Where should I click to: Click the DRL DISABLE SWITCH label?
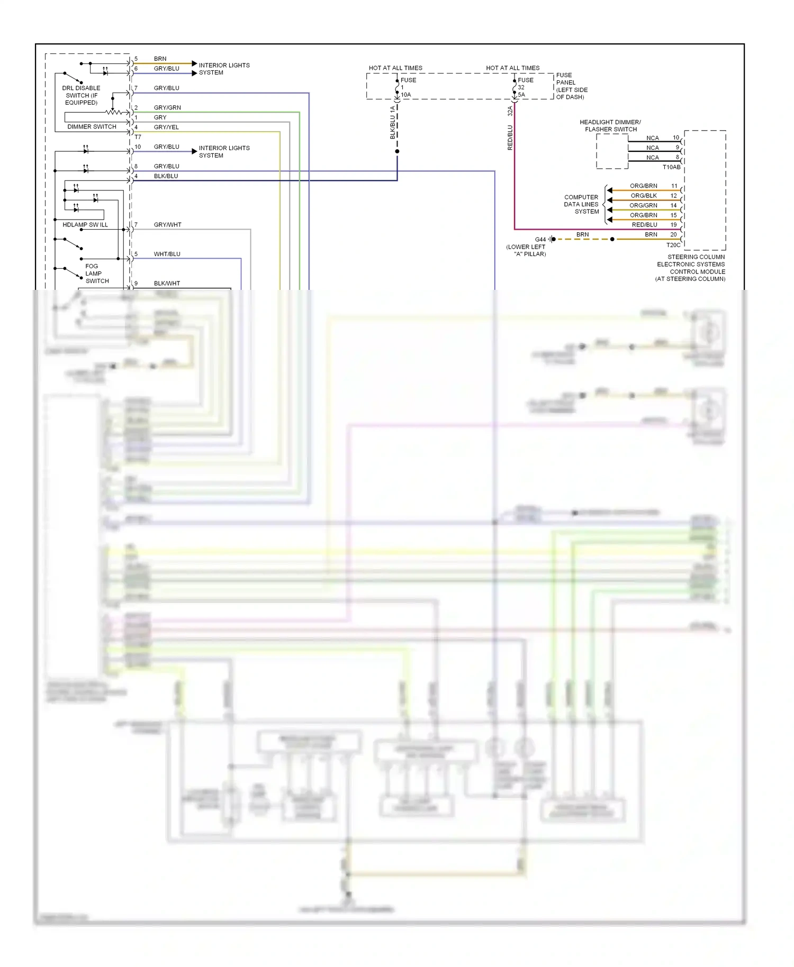click(81, 95)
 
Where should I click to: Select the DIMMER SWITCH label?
click(92, 127)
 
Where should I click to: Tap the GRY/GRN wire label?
click(167, 108)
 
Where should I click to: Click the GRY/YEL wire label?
click(166, 127)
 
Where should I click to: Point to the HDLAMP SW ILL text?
click(85, 225)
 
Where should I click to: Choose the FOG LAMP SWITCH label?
click(96, 273)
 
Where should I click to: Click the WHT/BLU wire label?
click(167, 254)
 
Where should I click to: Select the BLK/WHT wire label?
click(167, 284)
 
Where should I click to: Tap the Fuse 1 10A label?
click(408, 87)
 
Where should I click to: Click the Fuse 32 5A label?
click(525, 87)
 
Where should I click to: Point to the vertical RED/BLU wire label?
click(510, 138)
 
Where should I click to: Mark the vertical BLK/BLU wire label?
click(393, 123)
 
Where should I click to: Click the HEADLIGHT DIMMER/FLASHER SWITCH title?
click(610, 126)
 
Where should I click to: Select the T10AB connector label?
click(671, 167)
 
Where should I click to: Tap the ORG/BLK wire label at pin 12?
click(644, 196)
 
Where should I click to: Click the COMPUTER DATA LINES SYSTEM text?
click(581, 204)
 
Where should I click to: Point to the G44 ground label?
click(540, 240)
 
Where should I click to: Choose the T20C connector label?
click(673, 245)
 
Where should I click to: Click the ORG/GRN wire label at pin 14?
click(643, 206)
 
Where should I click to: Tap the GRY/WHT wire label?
click(167, 225)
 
